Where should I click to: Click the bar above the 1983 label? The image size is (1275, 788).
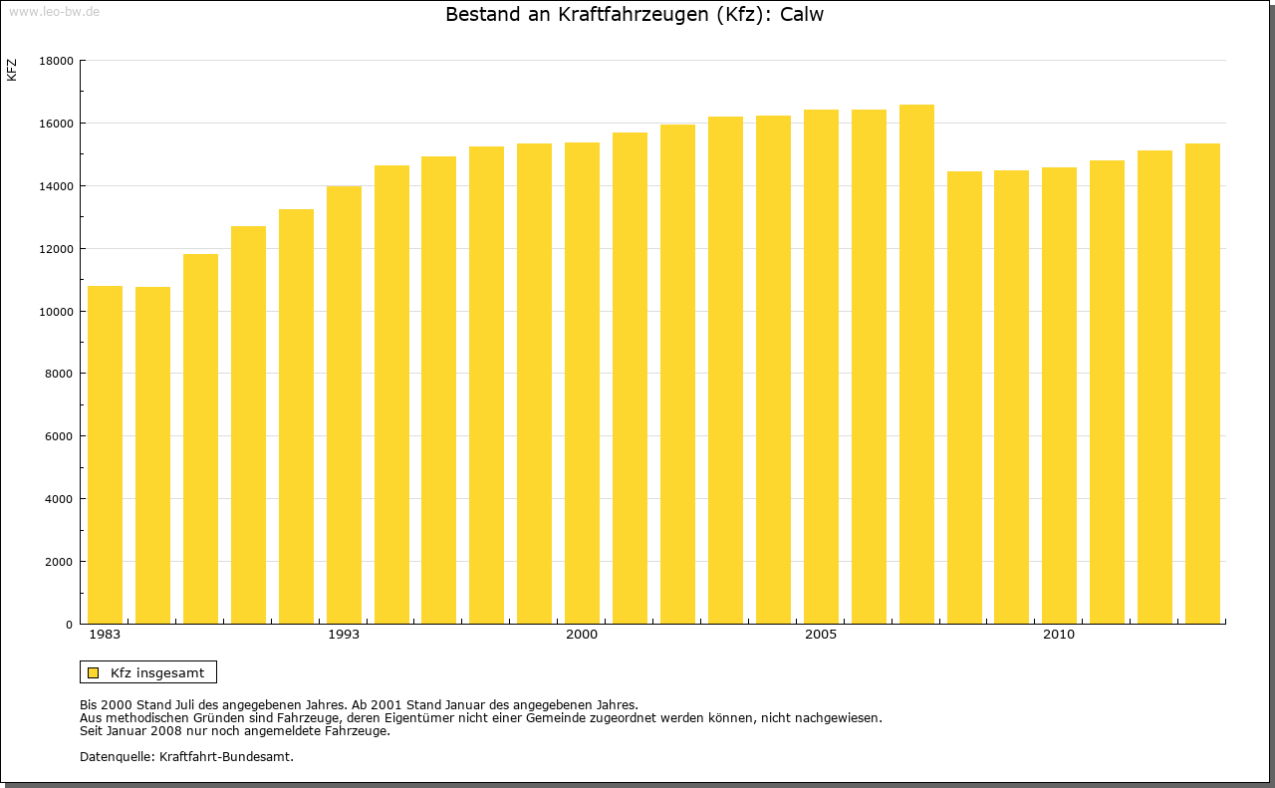click(x=105, y=455)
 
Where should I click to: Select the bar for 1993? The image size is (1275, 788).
click(x=344, y=405)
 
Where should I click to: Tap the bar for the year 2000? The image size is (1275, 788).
click(x=582, y=384)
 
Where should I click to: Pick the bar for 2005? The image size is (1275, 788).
click(x=821, y=367)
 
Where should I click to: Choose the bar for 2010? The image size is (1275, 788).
click(x=1059, y=395)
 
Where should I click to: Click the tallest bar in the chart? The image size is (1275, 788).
click(x=916, y=365)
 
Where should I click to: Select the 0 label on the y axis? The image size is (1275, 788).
click(x=70, y=625)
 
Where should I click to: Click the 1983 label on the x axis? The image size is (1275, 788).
click(x=105, y=635)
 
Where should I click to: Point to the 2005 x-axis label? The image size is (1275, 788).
click(x=821, y=635)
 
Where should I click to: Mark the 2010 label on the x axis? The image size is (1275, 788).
click(x=1059, y=635)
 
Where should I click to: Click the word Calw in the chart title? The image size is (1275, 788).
click(x=802, y=15)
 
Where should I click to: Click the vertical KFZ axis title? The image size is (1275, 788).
click(x=12, y=71)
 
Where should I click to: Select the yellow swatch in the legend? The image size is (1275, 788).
click(x=94, y=672)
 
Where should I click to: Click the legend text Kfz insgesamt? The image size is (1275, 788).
click(x=157, y=672)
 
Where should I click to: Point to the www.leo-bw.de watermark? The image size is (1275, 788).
click(x=52, y=11)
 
